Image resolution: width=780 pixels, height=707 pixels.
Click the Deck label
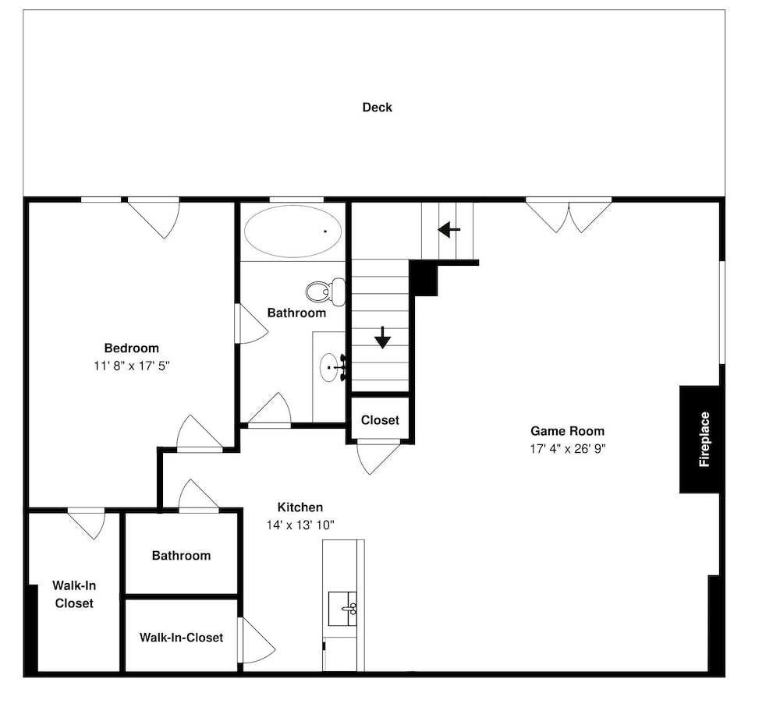[x=377, y=108]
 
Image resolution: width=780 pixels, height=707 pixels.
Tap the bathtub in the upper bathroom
[x=293, y=232]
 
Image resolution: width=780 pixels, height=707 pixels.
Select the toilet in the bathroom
[x=326, y=292]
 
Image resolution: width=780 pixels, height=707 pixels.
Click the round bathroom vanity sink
[x=328, y=367]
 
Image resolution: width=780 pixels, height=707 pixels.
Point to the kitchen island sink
[x=342, y=609]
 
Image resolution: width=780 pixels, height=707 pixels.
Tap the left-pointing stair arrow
[x=448, y=230]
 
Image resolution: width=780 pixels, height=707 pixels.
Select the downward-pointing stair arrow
[x=382, y=337]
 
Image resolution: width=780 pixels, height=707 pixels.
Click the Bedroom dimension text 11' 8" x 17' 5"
[x=132, y=366]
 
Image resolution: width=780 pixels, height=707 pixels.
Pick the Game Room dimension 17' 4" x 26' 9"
[x=568, y=449]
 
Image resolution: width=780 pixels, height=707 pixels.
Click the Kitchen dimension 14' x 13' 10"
[x=300, y=525]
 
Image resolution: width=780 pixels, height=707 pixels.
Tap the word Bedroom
[x=132, y=348]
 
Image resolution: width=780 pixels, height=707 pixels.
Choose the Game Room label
[x=568, y=431]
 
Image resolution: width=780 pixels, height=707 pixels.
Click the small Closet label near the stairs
[x=380, y=420]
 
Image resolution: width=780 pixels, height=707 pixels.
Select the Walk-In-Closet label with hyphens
[x=181, y=638]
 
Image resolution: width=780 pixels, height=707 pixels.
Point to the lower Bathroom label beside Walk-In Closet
[x=181, y=555]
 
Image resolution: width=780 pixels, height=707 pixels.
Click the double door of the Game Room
[x=569, y=216]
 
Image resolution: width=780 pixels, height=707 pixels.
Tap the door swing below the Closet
[x=378, y=458]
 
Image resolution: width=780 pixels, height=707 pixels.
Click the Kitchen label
[x=300, y=507]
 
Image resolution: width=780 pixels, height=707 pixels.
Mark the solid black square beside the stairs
[x=424, y=278]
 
